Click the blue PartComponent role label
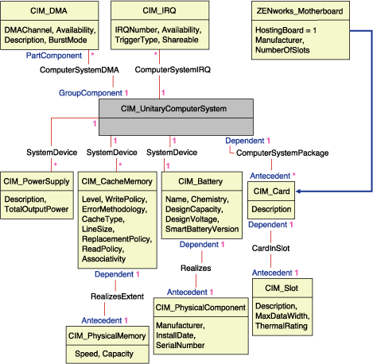pos(54,56)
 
